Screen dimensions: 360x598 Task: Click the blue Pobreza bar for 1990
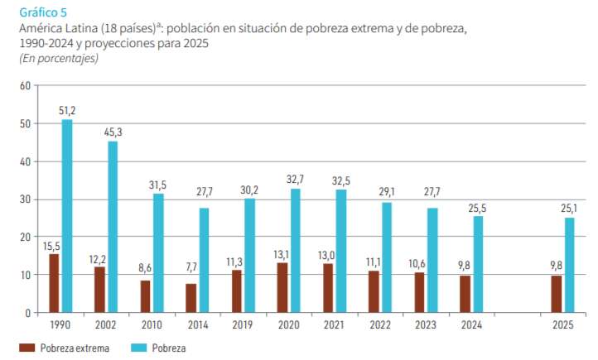tap(67, 216)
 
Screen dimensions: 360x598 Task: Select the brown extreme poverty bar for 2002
tap(99, 290)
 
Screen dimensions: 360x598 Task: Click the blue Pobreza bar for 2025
tap(569, 265)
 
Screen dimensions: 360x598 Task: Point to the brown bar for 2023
tap(419, 292)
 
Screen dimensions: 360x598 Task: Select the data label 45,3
tap(113, 132)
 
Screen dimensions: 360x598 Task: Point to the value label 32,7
tap(295, 179)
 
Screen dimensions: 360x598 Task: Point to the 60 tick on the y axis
tap(24, 85)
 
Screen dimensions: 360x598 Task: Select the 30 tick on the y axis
tap(24, 199)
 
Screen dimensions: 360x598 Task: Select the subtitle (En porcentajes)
tap(58, 58)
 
